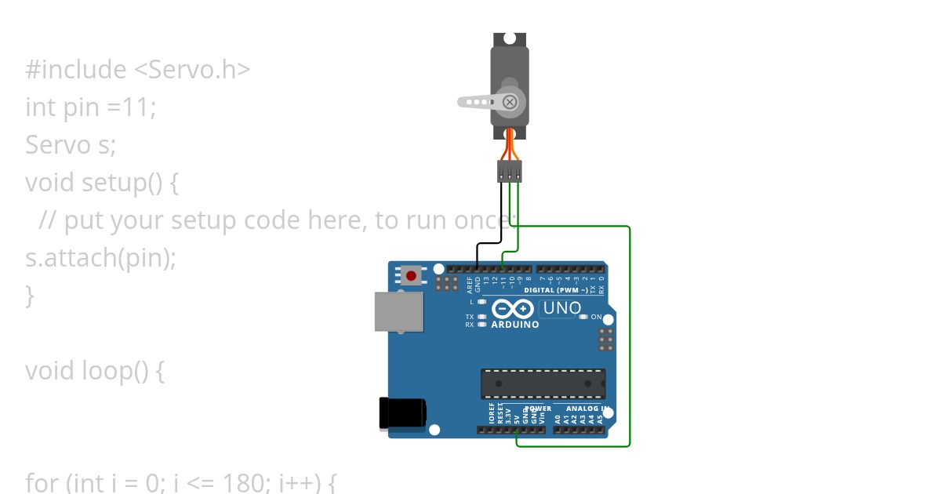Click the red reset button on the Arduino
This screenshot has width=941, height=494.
click(411, 276)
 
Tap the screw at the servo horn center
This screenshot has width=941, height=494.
click(510, 102)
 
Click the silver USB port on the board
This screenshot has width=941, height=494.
click(398, 312)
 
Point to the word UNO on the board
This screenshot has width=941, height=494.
click(562, 308)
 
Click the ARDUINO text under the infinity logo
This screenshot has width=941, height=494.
click(514, 325)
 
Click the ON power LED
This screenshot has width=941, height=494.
click(583, 317)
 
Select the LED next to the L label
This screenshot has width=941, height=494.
click(482, 302)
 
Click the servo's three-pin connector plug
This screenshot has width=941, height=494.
click(510, 170)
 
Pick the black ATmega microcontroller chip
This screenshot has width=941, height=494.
click(543, 383)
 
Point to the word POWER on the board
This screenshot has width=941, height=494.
click(538, 409)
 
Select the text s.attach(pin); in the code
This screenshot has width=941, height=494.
click(101, 257)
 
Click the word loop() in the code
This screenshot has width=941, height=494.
click(114, 370)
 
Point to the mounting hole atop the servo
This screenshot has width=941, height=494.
click(510, 38)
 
